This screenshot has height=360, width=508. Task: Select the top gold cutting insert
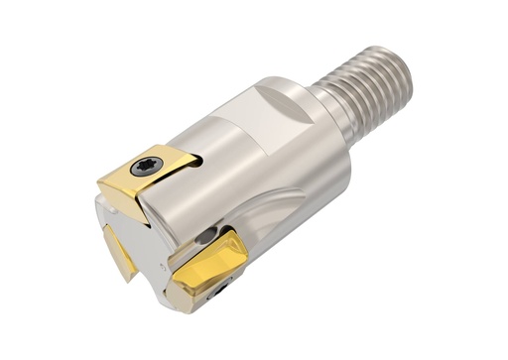click(149, 174)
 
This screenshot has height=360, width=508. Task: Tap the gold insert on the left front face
click(122, 243)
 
